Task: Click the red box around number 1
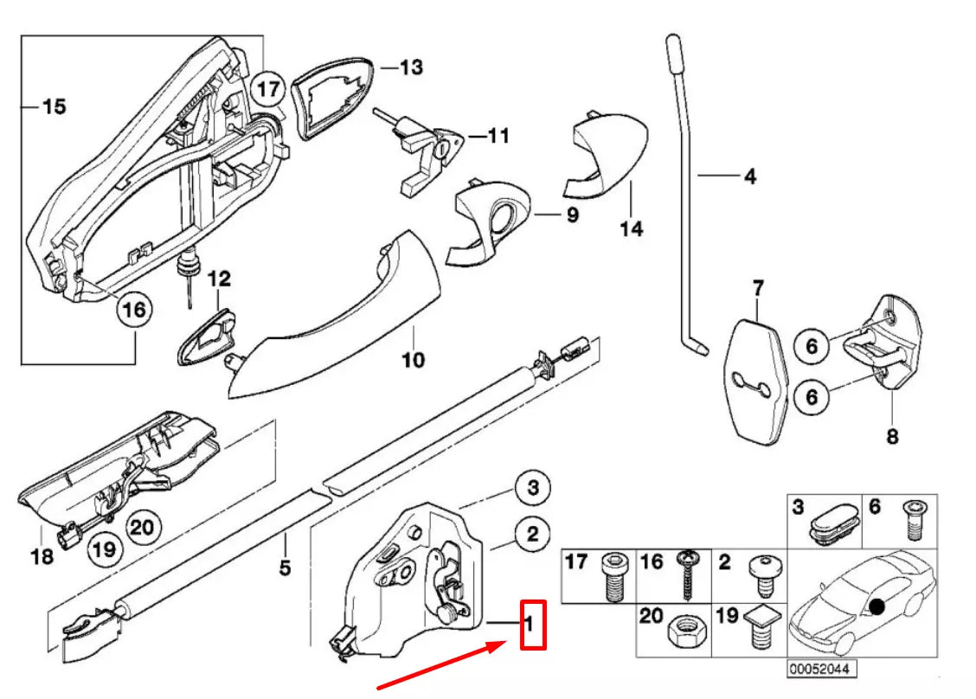point(532,624)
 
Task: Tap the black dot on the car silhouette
point(877,606)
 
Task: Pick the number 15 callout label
point(53,106)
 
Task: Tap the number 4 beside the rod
point(749,176)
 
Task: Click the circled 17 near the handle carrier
point(268,88)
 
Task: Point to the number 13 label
point(411,67)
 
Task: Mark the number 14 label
point(631,229)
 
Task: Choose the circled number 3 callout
point(532,489)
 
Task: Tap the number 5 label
point(285,568)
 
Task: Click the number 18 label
point(42,555)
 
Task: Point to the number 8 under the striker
point(891,436)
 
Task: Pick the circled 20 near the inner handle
point(144,524)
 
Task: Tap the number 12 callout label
point(219,279)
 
